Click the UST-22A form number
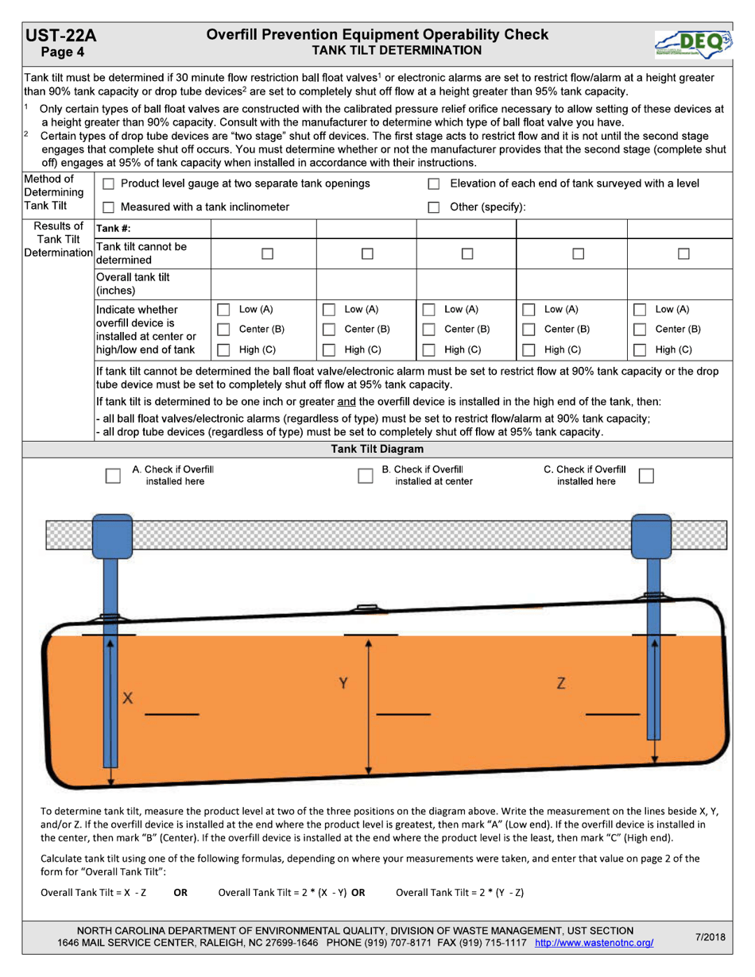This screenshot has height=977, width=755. point(60,36)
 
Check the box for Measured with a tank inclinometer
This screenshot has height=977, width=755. point(109,207)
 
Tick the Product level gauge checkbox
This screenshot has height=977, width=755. point(109,184)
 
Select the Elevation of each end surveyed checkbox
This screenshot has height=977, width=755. point(434,184)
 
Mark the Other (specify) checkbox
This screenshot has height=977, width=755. point(434,207)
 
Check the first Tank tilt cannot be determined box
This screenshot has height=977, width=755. point(263,253)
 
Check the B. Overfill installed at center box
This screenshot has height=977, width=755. point(365,476)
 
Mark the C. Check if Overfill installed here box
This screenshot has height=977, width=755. point(647,475)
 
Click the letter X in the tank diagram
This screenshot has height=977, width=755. point(126,699)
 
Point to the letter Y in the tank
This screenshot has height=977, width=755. point(343,683)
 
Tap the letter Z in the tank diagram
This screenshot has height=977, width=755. point(561,683)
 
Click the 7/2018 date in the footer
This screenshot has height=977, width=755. point(710,936)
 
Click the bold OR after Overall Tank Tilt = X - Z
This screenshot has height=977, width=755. point(180,892)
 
